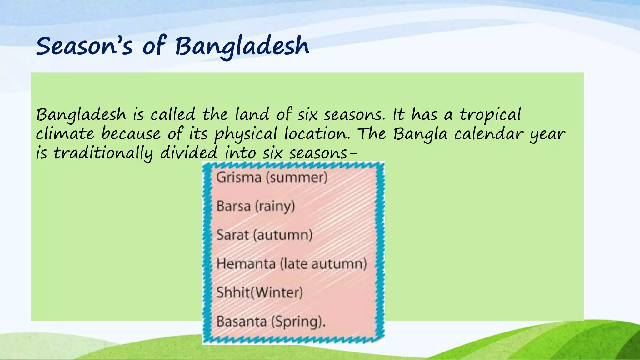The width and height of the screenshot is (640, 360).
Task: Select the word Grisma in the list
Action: [239, 177]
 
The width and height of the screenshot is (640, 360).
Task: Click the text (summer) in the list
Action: [297, 177]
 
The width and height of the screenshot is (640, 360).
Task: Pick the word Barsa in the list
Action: [233, 206]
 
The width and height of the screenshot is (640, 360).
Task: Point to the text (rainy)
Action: [275, 206]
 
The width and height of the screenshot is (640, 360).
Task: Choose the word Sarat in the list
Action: [233, 235]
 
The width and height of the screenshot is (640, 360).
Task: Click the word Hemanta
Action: [246, 264]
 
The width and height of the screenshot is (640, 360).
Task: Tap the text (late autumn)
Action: [323, 264]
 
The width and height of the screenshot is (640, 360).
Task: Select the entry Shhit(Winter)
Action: [259, 293]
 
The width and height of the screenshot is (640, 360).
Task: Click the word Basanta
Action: [241, 322]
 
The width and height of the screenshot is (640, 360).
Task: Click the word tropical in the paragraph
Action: [490, 115]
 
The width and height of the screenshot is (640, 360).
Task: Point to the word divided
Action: [189, 153]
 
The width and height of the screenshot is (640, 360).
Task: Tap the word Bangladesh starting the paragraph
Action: [81, 115]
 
